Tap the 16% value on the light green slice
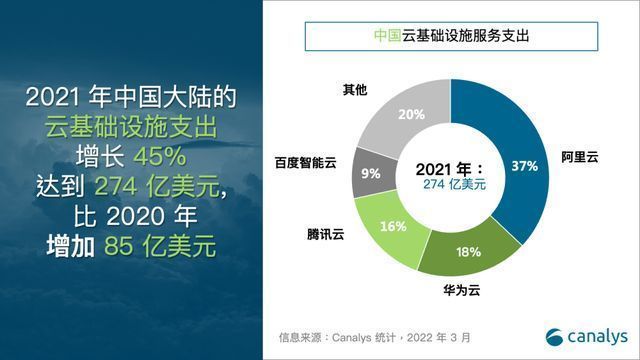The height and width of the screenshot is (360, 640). click(393, 227)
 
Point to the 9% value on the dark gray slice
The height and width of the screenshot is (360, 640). click(370, 173)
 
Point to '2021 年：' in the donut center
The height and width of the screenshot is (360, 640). click(449, 169)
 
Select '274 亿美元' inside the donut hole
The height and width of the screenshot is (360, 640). click(449, 186)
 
